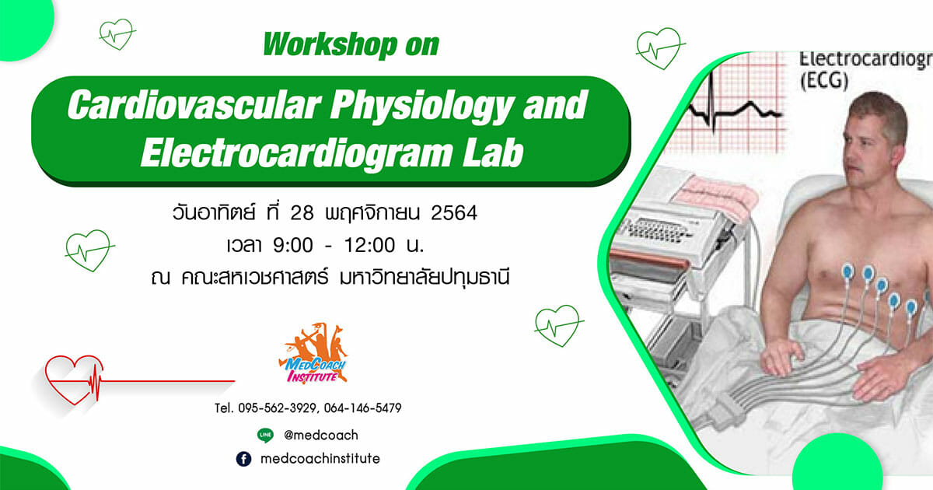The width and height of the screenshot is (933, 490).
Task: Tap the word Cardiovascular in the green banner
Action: (x=194, y=104)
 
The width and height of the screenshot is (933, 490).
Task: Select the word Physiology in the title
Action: (x=421, y=107)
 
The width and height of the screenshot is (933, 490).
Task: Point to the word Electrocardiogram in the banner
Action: (x=296, y=153)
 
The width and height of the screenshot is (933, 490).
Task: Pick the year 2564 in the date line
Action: (x=454, y=213)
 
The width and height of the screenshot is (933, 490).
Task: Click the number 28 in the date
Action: (x=302, y=213)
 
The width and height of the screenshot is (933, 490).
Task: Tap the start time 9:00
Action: (x=293, y=246)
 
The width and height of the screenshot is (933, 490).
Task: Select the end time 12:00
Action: (x=370, y=246)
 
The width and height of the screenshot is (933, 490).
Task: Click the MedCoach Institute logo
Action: (x=313, y=353)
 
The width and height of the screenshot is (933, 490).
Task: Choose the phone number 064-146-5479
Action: (x=363, y=408)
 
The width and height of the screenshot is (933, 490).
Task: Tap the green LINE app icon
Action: (x=265, y=436)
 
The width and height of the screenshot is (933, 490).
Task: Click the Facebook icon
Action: (x=243, y=459)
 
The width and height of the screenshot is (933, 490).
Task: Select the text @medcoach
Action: (x=320, y=436)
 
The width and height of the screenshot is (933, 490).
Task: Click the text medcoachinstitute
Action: (x=320, y=459)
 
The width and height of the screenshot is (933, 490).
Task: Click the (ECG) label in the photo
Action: (x=824, y=81)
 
